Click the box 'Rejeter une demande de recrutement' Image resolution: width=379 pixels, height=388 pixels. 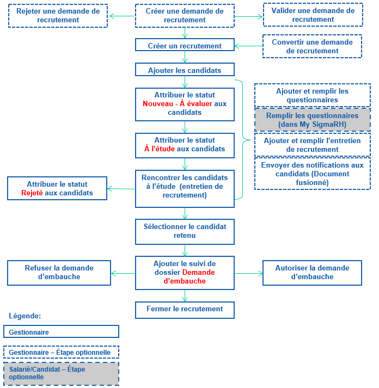pos(58,16)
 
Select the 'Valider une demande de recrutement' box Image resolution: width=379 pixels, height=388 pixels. pos(313,15)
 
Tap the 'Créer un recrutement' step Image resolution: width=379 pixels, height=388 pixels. pos(185,46)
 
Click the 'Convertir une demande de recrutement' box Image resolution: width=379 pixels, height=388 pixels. pos(312,47)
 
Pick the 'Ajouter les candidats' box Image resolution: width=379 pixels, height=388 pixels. pos(185,71)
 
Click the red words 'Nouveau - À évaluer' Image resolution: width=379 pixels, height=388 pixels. pos(178,103)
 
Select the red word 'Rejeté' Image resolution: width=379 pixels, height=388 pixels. pos(32,193)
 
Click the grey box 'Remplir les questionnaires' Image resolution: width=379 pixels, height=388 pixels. pos(312,120)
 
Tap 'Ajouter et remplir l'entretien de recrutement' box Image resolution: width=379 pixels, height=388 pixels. pos(312,145)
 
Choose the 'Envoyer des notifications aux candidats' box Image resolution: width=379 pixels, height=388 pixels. pos(312,174)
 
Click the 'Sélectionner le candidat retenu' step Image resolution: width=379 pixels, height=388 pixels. pos(185,231)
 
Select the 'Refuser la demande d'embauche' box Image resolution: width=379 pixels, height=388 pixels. pos(59,272)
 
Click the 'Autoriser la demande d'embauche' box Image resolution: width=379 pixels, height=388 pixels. pos(312,272)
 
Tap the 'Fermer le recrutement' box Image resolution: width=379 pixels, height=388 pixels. pos(185,309)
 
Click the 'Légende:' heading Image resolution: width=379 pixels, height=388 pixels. pos(25,316)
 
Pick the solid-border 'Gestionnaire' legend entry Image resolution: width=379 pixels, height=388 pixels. pos(61,332)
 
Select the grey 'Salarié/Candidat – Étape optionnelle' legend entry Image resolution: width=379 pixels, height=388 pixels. pos(61,373)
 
